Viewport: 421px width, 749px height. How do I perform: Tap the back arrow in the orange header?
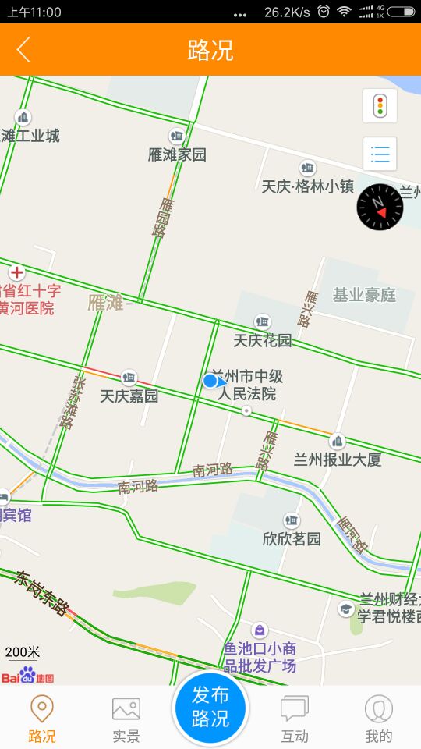click(x=23, y=49)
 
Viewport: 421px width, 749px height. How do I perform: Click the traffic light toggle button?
click(x=380, y=106)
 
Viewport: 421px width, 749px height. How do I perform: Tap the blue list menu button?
click(x=380, y=154)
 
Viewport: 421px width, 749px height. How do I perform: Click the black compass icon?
click(x=380, y=207)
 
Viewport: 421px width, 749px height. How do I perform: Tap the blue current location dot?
click(x=210, y=381)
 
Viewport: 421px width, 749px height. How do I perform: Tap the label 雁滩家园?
click(x=177, y=154)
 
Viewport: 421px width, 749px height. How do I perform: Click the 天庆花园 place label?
click(x=263, y=340)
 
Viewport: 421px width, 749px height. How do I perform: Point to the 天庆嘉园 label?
click(x=129, y=396)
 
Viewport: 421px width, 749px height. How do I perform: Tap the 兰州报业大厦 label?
click(x=338, y=460)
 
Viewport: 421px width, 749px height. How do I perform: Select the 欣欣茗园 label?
click(x=292, y=538)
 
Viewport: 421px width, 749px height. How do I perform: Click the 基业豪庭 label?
click(x=364, y=295)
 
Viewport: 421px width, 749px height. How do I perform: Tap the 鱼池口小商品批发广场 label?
click(x=260, y=657)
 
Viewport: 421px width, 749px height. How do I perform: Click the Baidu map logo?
click(x=27, y=676)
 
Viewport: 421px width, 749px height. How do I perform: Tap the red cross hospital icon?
click(x=16, y=273)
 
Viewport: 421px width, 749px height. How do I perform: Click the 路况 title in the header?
click(x=210, y=50)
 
